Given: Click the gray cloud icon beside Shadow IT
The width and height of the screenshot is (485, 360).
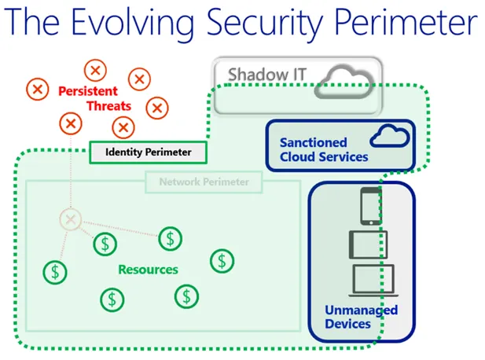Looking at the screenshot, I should (344, 80).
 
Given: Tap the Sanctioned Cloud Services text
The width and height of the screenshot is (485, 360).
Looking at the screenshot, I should (323, 149).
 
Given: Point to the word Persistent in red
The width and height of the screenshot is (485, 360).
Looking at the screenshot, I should (87, 91).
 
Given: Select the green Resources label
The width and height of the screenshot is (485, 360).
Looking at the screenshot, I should (148, 269).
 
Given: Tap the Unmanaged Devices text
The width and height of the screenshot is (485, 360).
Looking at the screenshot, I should (361, 316).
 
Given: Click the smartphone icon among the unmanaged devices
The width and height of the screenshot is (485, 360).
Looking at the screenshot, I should (369, 205).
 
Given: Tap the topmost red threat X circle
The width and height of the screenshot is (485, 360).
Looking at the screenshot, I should (96, 70).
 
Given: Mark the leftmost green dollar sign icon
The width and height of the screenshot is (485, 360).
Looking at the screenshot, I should (55, 272).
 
